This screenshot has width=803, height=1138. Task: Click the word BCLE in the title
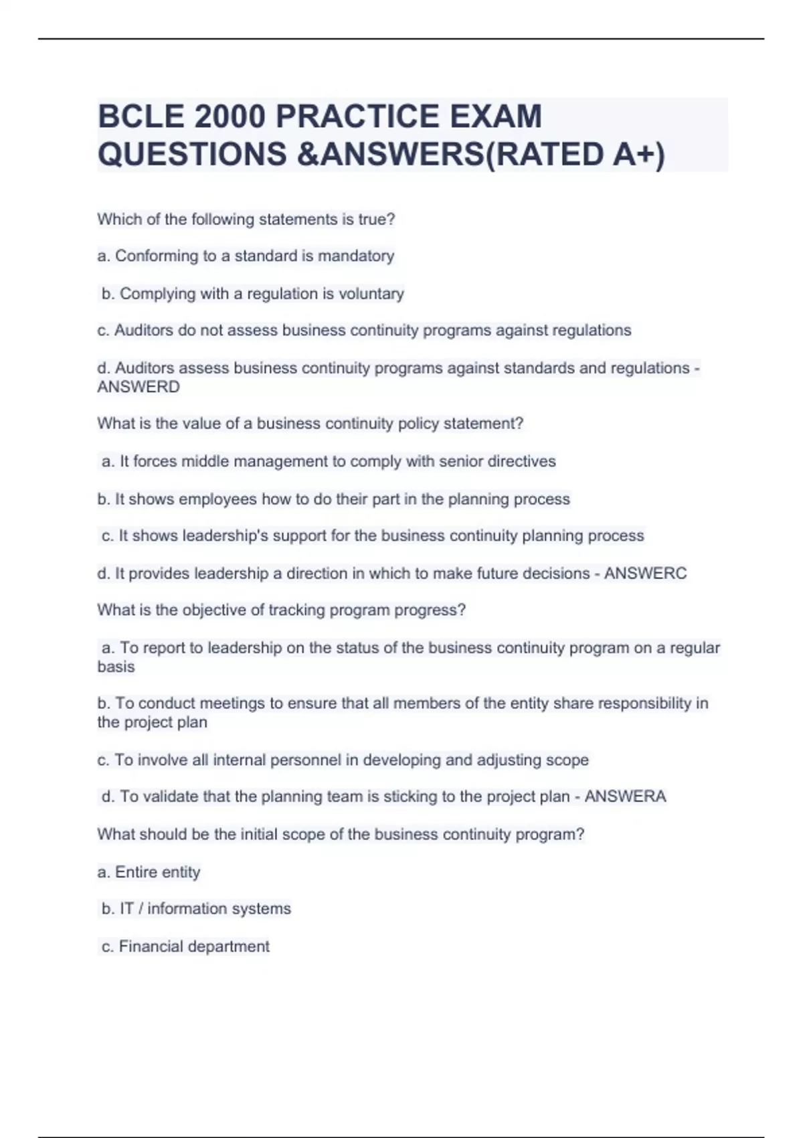(x=141, y=116)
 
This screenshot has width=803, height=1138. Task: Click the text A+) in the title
(x=638, y=154)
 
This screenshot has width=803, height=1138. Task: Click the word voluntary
(x=371, y=294)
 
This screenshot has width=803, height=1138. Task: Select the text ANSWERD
(x=139, y=387)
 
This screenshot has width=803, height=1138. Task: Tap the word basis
(x=116, y=667)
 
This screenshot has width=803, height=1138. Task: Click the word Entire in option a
(x=137, y=872)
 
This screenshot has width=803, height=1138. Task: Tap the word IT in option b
(x=126, y=908)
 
